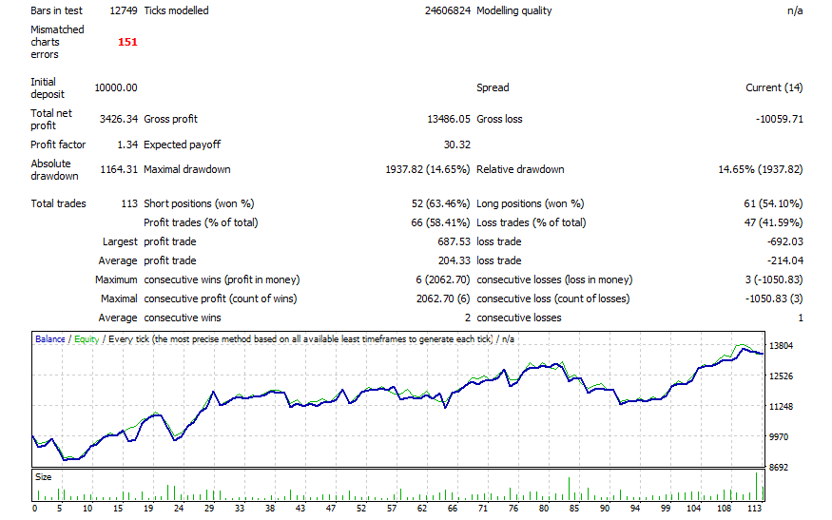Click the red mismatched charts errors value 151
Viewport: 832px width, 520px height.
pos(127,42)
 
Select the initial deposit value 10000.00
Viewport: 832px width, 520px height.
pos(116,87)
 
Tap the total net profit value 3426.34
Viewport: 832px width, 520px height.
pos(119,119)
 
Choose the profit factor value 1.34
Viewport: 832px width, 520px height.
pos(126,144)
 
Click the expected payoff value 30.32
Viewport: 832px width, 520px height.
pos(456,144)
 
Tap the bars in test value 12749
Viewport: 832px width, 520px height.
pos(122,10)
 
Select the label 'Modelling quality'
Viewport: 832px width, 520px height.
pos(513,10)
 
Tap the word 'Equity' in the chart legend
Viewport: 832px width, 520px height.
pos(87,338)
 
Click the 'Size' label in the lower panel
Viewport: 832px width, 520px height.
pos(44,476)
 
